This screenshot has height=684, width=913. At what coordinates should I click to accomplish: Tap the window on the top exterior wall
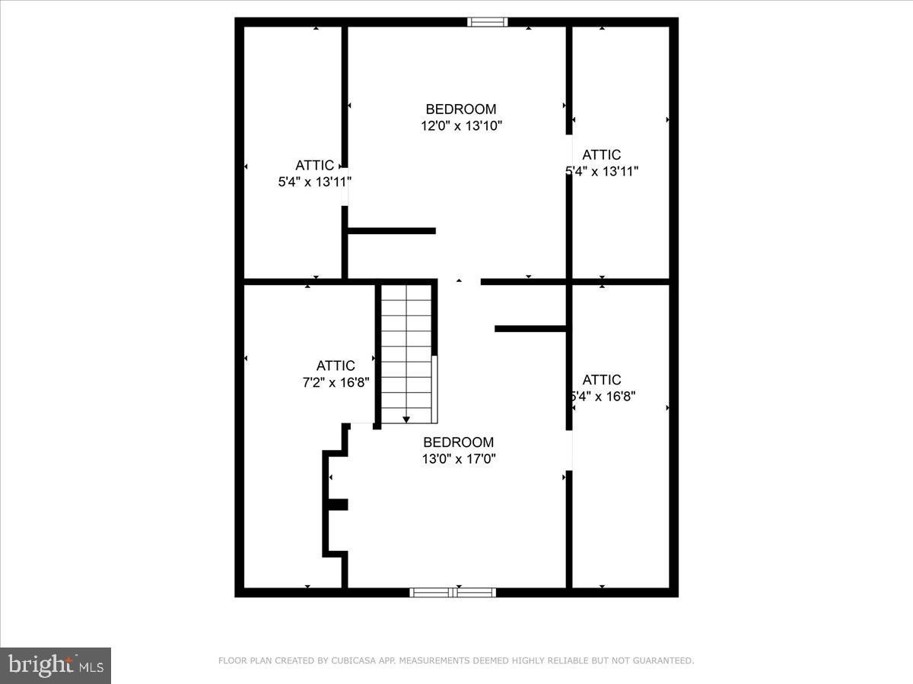488,21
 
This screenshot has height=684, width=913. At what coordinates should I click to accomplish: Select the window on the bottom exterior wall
453,592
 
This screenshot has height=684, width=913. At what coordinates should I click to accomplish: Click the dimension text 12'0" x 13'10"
461,125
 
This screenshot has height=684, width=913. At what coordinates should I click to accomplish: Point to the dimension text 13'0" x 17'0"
458,458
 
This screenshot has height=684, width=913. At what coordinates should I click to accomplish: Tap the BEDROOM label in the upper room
460,109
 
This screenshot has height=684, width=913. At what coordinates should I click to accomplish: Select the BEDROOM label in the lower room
458,442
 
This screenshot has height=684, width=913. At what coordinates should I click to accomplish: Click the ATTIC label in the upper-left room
314,165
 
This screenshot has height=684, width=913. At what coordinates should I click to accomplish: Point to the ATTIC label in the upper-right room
601,155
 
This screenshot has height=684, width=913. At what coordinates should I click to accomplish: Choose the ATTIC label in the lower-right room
601,379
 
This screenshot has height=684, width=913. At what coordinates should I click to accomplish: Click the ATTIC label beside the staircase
336,366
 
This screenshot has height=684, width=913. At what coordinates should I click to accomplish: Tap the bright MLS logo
56,665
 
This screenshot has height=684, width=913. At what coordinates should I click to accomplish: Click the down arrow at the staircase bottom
406,419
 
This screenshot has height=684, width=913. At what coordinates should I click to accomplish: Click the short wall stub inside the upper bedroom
391,230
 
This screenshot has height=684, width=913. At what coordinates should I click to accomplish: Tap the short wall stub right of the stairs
530,328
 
